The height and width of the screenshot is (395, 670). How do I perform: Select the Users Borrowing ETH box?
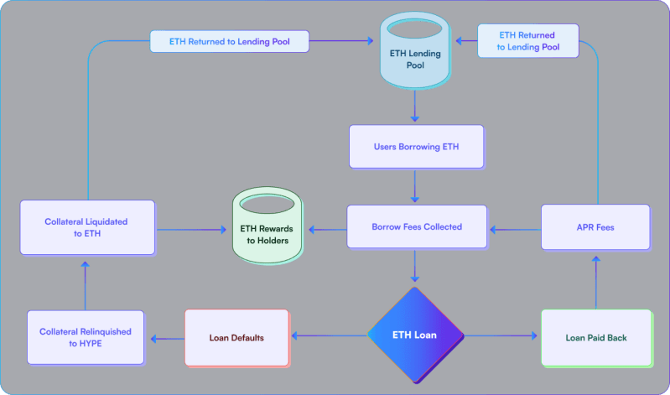(x=416, y=147)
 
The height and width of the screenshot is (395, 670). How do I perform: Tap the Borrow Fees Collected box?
(x=417, y=226)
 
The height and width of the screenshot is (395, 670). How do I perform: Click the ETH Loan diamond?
(x=415, y=335)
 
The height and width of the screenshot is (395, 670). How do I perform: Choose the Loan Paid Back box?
(x=595, y=337)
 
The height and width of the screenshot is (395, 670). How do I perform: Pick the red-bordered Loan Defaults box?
(x=236, y=337)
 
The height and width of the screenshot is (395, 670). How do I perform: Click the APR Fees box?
(x=595, y=226)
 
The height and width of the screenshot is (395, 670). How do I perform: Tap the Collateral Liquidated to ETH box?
(x=87, y=227)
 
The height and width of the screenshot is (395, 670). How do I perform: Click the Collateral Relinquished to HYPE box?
(x=85, y=337)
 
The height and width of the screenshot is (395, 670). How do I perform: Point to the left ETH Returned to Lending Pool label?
(x=229, y=40)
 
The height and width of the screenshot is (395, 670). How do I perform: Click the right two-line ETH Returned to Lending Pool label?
(x=528, y=41)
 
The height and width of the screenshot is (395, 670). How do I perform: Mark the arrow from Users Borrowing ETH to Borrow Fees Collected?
(x=415, y=187)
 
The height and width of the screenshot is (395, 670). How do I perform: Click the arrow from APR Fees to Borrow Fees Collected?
(x=515, y=227)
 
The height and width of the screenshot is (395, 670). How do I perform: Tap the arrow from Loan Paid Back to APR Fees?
(x=595, y=281)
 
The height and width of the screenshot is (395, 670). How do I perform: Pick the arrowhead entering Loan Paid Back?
(x=534, y=336)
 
